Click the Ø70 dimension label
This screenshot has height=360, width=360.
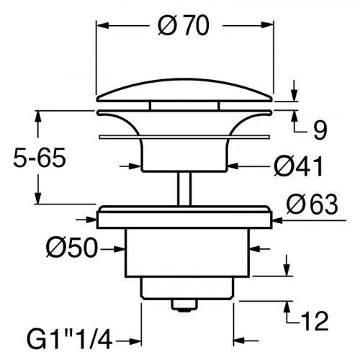point(186,27)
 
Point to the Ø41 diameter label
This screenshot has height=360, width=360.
point(297,167)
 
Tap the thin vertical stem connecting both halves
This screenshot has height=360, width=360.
point(186,189)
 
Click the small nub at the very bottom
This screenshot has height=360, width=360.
point(186,307)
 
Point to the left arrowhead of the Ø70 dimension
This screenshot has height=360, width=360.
point(102,27)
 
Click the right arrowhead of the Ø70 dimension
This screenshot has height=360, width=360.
point(272,27)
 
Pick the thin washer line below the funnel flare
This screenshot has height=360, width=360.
point(186,134)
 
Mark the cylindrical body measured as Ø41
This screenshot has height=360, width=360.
point(186,156)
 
